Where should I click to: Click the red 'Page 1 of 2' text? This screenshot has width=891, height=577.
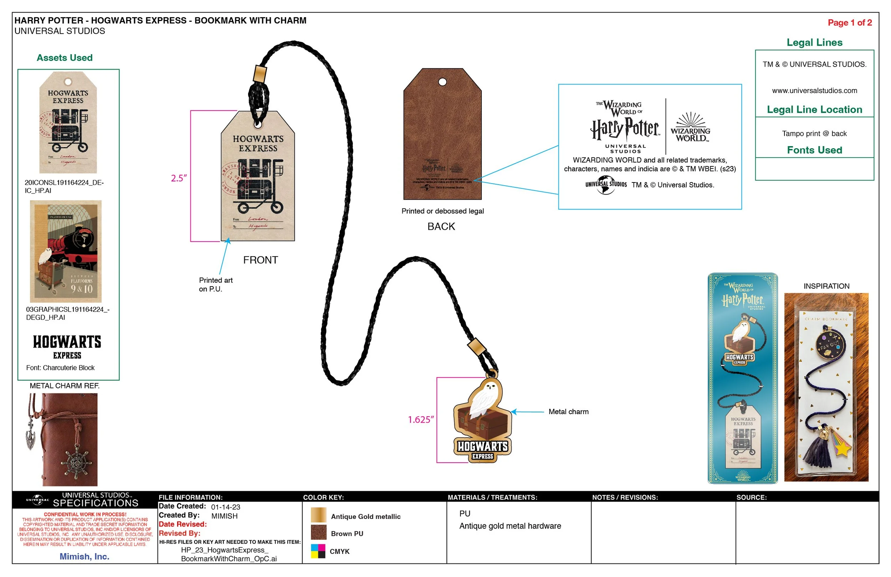[849, 22]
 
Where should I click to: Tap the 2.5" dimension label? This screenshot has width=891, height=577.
[179, 178]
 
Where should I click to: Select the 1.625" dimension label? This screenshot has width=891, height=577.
[421, 419]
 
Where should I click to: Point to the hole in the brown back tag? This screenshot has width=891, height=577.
[442, 82]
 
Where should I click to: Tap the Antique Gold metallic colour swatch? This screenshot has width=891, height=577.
[318, 515]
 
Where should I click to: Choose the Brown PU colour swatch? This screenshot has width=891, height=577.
[318, 532]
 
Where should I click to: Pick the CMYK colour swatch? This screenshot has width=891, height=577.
[318, 551]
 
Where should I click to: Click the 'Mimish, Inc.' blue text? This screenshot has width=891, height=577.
[84, 556]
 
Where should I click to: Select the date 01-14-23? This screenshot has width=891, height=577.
[225, 507]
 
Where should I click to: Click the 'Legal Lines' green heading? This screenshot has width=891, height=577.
[814, 42]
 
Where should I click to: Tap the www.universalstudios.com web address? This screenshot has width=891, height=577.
[814, 91]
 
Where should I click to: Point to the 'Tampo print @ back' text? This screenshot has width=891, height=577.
[814, 134]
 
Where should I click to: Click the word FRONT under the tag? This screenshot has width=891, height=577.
[260, 260]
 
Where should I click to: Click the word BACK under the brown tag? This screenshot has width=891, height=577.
[441, 227]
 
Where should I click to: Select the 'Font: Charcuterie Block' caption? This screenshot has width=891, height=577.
[60, 368]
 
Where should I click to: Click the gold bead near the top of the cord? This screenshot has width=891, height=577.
[259, 74]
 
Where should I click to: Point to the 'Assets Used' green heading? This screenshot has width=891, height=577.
[65, 58]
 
